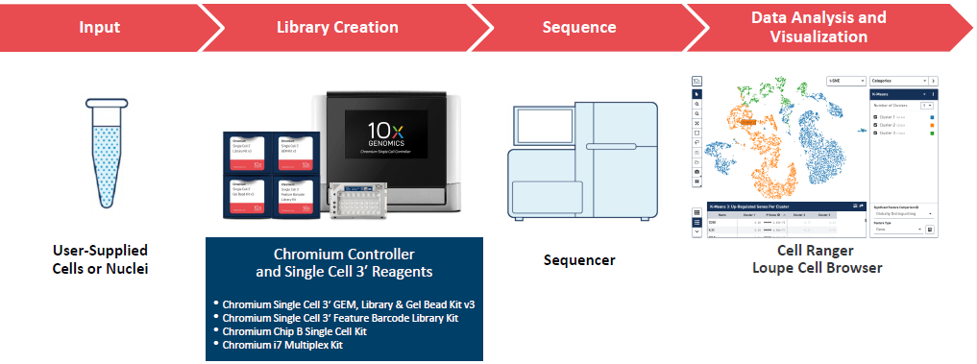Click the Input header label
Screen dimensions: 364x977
pos(99,27)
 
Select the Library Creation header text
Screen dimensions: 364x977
pos(337,27)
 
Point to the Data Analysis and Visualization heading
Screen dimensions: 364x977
pos(818,27)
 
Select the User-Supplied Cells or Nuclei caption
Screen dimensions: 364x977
pos(101,259)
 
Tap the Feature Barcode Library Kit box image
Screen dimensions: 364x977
pos(292,197)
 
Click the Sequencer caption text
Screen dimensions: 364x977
pos(578,260)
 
